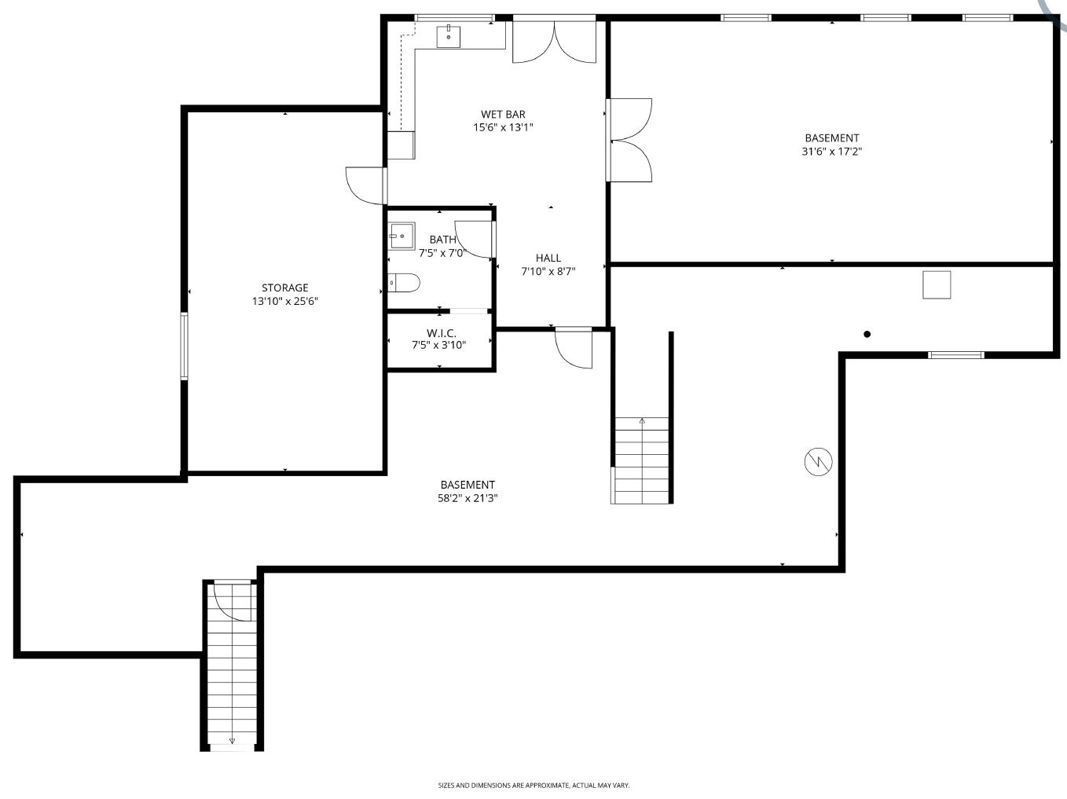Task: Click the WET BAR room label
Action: coord(503,114)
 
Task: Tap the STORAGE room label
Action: coord(285,288)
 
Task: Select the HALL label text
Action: coord(548,258)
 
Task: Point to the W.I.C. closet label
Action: coord(442,333)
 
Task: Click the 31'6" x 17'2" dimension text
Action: coord(832,151)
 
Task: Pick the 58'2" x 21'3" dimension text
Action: coord(467,498)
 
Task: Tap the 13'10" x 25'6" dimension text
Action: coord(285,302)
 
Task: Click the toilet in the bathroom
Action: coord(404,283)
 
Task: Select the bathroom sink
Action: coord(401,236)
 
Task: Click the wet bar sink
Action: coord(448,36)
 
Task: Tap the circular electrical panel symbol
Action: coord(819,462)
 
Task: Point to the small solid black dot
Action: coord(867,334)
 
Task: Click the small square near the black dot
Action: coord(937,285)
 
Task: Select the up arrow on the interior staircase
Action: coord(642,421)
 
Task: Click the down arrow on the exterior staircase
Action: coord(232,741)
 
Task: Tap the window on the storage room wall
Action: coord(184,346)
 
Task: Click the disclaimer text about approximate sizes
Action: coord(533,785)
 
